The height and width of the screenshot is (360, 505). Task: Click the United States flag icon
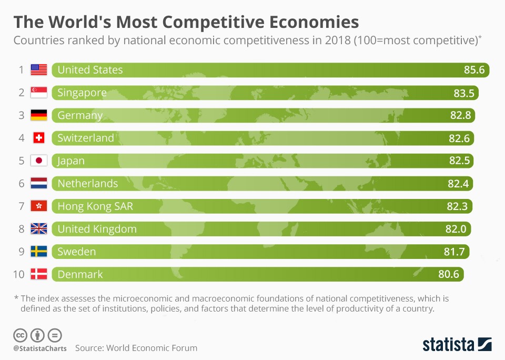[x=39, y=69]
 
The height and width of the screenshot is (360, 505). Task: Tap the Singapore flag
[x=39, y=93]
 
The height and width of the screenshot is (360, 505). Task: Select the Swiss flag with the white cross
[x=39, y=138]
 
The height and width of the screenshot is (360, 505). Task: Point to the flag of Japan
[x=39, y=161]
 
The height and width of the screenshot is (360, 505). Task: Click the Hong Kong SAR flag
[x=39, y=206]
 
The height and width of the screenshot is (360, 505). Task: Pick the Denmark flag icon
[x=39, y=274]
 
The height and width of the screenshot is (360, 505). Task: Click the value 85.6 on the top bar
[x=473, y=70]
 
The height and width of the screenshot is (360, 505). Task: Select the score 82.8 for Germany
[x=460, y=115]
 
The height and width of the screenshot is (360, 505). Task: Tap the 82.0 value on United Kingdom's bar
[x=456, y=229]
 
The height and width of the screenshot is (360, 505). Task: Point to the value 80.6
[x=449, y=274]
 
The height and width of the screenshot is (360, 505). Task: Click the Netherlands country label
[x=87, y=183]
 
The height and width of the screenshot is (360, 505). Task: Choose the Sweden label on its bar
[x=77, y=252]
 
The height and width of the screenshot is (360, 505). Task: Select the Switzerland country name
[x=86, y=138]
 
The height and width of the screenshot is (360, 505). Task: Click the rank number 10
[x=19, y=274]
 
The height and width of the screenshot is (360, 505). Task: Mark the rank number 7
[x=22, y=206]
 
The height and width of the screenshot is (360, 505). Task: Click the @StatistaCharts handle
[x=38, y=348]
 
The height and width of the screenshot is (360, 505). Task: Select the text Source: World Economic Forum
[x=136, y=348]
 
